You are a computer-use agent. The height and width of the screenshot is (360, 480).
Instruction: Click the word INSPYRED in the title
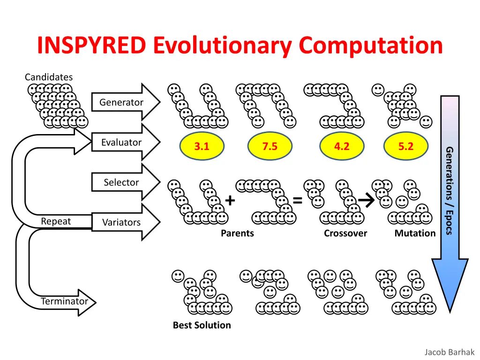91,45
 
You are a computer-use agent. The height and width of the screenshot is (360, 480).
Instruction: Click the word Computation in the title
371,45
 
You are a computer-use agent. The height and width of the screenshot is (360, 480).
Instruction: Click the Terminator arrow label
64,301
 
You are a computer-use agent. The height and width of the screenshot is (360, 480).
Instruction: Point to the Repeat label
56,221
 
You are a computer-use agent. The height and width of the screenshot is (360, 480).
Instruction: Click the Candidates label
49,77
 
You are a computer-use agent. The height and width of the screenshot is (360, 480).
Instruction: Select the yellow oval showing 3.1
202,146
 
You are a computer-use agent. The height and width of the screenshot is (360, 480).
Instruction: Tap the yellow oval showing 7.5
270,146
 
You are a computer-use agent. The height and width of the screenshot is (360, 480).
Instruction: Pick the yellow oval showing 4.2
342,146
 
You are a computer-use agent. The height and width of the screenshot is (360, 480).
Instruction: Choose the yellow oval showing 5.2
406,146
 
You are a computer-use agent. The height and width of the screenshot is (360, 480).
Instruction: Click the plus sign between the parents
230,201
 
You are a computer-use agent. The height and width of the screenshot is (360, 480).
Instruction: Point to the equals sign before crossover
297,201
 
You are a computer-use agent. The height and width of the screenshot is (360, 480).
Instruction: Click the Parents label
237,233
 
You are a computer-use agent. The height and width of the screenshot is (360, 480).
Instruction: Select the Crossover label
345,233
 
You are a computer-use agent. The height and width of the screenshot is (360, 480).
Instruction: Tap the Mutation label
415,233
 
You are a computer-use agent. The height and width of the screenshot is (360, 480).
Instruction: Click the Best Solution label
202,325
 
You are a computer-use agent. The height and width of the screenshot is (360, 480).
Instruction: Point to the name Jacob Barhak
449,352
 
